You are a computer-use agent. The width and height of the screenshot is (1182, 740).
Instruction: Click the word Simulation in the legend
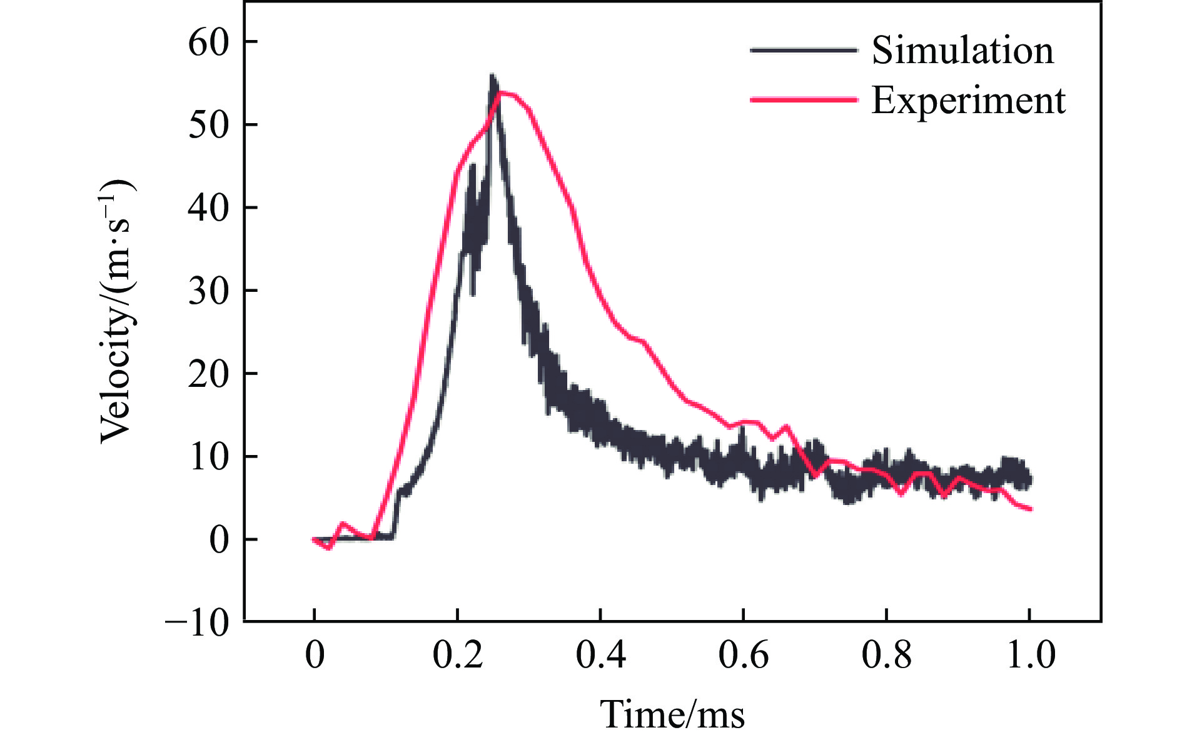point(962,50)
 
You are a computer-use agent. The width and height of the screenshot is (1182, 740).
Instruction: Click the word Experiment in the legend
point(968,100)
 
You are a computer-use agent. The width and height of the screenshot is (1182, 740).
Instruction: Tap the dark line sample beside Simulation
point(804,50)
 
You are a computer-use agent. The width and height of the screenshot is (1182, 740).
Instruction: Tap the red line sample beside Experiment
point(804,99)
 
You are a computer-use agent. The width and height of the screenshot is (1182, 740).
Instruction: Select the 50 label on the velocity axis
point(209,125)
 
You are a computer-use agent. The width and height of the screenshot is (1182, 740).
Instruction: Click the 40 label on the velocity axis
point(209,208)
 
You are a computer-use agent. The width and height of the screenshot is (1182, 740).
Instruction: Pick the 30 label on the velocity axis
point(209,291)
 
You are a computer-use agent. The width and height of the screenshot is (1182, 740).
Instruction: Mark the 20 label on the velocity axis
point(209,374)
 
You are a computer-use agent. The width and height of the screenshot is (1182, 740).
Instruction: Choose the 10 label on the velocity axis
point(209,457)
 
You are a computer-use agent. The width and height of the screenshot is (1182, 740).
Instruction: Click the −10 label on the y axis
point(198,623)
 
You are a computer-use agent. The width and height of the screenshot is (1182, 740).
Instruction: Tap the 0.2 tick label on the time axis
point(458,654)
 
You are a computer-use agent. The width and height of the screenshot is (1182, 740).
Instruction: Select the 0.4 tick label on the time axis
point(600,654)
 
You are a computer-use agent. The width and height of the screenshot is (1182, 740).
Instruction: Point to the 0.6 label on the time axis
point(743,654)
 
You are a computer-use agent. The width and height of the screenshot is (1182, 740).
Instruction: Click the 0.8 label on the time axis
point(886,654)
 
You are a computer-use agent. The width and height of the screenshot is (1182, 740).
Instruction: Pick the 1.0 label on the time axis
point(1030,654)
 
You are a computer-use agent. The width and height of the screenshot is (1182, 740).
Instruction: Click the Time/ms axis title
point(672,714)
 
